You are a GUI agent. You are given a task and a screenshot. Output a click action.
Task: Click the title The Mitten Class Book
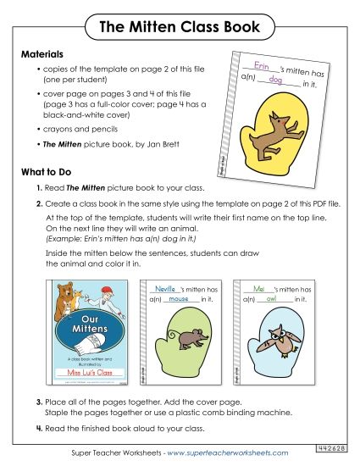[180, 26]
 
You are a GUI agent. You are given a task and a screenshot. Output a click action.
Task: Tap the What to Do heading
[49, 171]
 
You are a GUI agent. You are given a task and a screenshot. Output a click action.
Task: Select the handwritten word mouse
[177, 299]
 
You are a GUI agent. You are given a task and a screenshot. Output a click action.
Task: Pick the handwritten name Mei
[259, 289]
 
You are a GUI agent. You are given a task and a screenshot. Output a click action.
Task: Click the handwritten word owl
[271, 299]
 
